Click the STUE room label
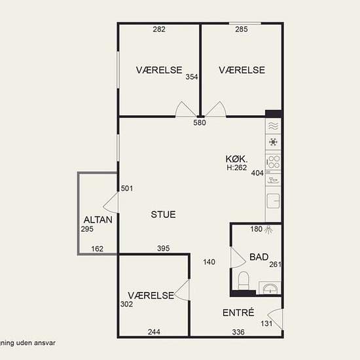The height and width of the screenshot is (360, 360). pyautogui.click(x=163, y=215)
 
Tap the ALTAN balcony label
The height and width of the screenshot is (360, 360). pyautogui.click(x=98, y=220)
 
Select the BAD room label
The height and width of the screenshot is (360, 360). pyautogui.click(x=259, y=257)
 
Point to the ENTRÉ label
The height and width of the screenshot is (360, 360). pyautogui.click(x=238, y=313)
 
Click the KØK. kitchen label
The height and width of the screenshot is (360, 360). pyautogui.click(x=236, y=159)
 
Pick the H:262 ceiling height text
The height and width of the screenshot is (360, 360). pyautogui.click(x=237, y=168)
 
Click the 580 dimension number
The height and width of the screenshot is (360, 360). pyautogui.click(x=200, y=122)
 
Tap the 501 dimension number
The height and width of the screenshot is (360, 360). pyautogui.click(x=127, y=189)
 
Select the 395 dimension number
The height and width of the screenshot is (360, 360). pyautogui.click(x=164, y=248)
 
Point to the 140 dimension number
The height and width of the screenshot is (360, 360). pyautogui.click(x=209, y=262)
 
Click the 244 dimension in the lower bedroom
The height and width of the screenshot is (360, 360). pyautogui.click(x=154, y=332)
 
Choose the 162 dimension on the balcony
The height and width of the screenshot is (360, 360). pyautogui.click(x=97, y=249)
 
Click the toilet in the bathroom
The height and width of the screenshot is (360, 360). pyautogui.click(x=243, y=280)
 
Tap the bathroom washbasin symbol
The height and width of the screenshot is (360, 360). pyautogui.click(x=270, y=288)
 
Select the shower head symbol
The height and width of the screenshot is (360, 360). pyautogui.click(x=268, y=230)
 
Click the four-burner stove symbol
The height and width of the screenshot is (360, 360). pyautogui.click(x=273, y=162)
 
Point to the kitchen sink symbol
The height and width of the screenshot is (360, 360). pyautogui.click(x=273, y=201)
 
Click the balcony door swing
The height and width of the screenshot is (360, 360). pyautogui.click(x=111, y=203)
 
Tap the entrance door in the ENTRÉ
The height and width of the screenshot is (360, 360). pyautogui.click(x=275, y=319)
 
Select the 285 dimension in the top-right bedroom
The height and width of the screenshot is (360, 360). pyautogui.click(x=242, y=29)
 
